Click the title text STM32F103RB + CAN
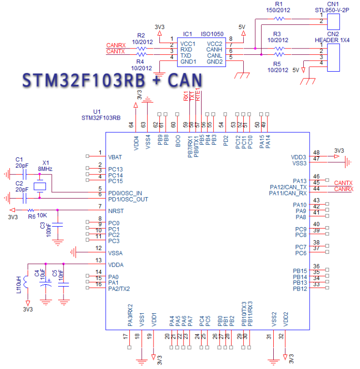coord(111,80)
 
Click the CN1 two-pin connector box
coord(333,20)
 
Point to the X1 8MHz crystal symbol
coord(39,186)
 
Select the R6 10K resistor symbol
coord(31,210)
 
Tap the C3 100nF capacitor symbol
coord(58,224)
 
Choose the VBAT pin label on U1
coord(115,157)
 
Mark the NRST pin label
coord(116,211)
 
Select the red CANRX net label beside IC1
coord(116,45)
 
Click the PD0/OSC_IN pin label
coord(125,192)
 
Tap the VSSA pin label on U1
coord(116,253)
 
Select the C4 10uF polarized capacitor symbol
coord(46,286)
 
